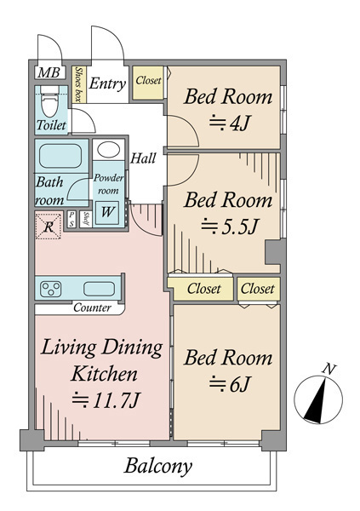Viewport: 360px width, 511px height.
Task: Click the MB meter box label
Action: coord(49,72)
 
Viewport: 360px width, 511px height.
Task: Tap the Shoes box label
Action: coord(78,84)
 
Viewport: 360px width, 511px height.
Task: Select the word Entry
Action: coord(107,83)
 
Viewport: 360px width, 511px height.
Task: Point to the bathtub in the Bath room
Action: coord(60,156)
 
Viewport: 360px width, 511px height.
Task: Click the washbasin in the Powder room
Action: coord(108,150)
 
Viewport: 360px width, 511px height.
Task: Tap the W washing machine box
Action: coord(107,212)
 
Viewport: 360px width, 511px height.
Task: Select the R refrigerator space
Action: coord(49,226)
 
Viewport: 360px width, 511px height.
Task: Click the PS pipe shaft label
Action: coord(71,219)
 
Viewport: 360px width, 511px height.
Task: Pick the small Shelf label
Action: coord(86,219)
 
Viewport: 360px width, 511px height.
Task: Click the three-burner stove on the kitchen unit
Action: coord(50,289)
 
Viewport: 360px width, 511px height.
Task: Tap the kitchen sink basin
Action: coord(99,289)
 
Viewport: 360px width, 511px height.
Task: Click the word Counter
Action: coord(92,307)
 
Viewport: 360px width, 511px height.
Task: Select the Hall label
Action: coord(143,158)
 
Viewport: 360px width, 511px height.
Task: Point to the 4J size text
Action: coord(229,123)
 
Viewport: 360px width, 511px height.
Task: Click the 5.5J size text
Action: coord(229,227)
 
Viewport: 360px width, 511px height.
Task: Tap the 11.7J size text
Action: coord(106,400)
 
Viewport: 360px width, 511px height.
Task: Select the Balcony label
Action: coord(158,466)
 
